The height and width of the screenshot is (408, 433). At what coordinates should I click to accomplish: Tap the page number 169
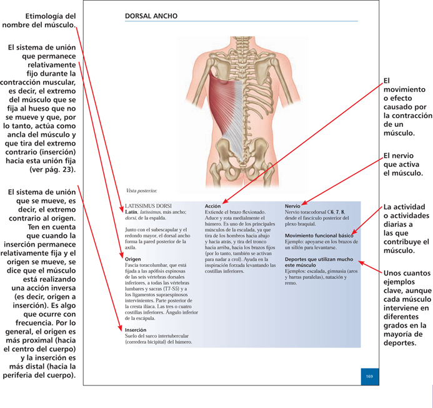pyautogui.click(x=369, y=376)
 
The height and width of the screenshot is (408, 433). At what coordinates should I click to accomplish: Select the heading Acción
pyautogui.click(x=213, y=206)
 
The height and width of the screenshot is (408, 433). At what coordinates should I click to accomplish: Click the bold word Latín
pyautogui.click(x=131, y=211)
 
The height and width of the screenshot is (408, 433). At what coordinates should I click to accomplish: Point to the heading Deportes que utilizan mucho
pyautogui.click(x=316, y=261)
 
